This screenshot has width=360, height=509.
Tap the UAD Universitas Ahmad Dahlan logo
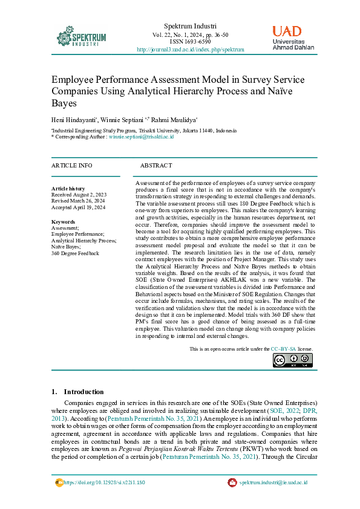[x=295, y=37]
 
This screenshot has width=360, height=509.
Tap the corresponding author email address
[x=140, y=137]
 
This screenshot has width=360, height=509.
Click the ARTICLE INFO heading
[x=72, y=166]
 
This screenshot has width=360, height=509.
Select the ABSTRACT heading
[x=156, y=166]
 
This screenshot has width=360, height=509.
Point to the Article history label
[x=68, y=189]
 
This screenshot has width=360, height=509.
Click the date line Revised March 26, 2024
[x=78, y=201]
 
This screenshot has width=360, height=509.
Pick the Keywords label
[x=64, y=221]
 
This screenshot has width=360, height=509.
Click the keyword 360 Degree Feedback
[x=76, y=253]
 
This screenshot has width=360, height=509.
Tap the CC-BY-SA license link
[x=283, y=349]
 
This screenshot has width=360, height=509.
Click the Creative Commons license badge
[x=292, y=360]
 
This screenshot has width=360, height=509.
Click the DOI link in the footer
[x=103, y=482]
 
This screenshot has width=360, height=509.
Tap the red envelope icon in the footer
[x=232, y=482]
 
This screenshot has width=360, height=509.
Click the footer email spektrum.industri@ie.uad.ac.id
[x=273, y=482]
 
